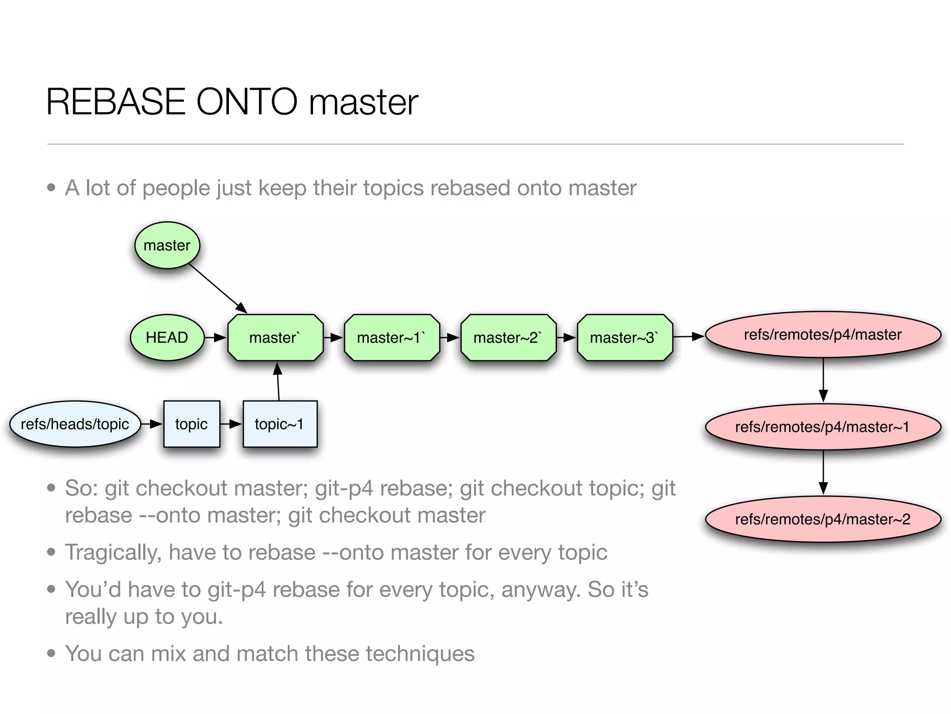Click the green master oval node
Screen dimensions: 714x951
167,245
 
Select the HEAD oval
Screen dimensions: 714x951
167,337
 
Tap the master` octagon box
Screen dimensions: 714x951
275,337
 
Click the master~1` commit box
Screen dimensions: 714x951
392,337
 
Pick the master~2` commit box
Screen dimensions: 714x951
508,337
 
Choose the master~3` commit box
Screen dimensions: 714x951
625,337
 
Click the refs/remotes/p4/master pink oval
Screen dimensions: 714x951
823,335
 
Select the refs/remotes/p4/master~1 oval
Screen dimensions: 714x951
823,427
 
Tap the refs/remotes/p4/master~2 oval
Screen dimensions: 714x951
823,519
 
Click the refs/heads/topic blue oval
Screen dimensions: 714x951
75,424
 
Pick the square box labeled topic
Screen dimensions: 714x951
191,424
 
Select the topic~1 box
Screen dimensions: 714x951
280,424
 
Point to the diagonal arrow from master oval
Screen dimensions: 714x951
217,288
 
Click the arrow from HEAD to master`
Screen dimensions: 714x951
215,337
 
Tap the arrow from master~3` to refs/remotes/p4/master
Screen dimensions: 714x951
688,337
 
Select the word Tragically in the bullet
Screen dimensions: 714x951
113,553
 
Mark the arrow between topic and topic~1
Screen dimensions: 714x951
231,424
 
